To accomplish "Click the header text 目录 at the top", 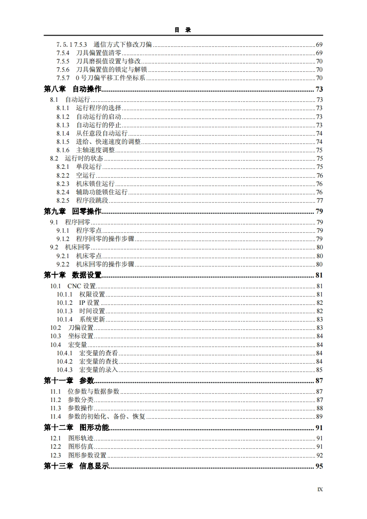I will pos(183,30).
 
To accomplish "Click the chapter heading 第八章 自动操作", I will pos(72,89).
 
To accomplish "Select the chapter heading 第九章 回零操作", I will pos(72,211).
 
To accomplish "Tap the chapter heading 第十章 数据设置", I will pos(72,275).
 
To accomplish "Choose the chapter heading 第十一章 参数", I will pos(69,381).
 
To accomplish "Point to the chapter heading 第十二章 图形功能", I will pos(76,427).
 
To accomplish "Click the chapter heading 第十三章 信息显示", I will pos(76,466).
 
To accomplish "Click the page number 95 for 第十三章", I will pos(319,466).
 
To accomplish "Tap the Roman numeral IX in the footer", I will pos(320,489).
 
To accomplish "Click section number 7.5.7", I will pos(63,78).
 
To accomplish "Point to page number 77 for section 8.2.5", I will pos(319,200).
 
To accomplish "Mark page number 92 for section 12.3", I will pos(319,455).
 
